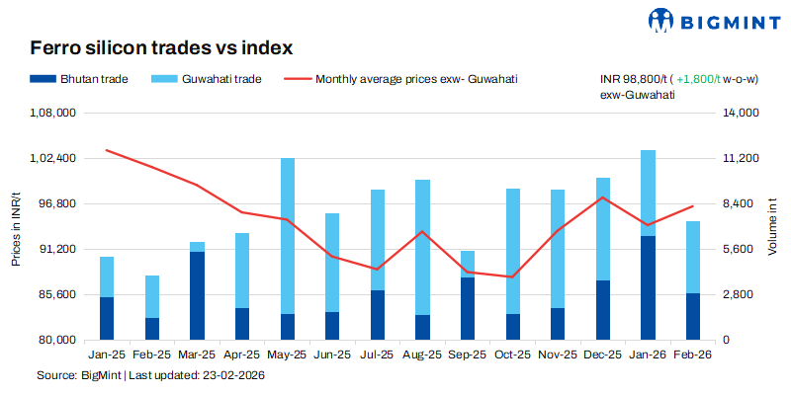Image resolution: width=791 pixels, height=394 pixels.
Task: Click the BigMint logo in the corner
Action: coord(708,20)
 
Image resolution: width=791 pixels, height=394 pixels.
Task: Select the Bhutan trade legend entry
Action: coord(79,79)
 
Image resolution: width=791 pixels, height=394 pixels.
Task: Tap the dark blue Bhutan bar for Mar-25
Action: coord(197,295)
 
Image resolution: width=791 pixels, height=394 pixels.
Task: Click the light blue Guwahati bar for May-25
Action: coord(288,236)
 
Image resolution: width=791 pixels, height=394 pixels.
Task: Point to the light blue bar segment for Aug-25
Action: coord(422,247)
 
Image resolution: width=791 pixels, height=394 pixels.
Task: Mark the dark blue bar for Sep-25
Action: coord(468,308)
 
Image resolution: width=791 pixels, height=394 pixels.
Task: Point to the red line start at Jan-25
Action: coord(106,150)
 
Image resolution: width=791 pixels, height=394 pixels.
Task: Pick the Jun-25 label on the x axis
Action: coord(332,354)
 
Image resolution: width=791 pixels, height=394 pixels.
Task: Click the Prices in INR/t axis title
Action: coord(16,227)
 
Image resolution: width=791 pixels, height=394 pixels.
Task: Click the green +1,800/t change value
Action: coord(704,79)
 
